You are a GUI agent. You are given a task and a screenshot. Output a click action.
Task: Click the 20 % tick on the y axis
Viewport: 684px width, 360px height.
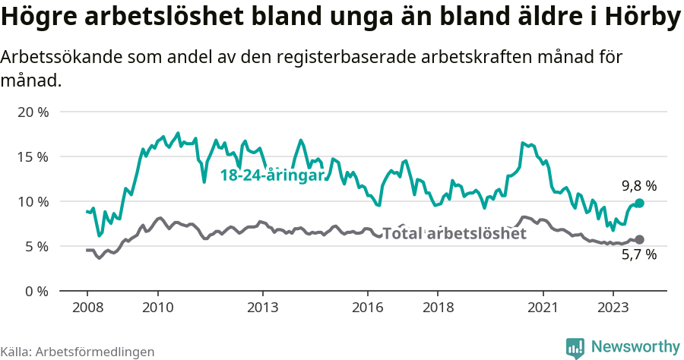click(32, 112)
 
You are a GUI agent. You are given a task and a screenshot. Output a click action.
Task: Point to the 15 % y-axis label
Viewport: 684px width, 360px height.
click(32, 157)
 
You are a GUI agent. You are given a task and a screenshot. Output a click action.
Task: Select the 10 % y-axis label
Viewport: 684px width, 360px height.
click(32, 202)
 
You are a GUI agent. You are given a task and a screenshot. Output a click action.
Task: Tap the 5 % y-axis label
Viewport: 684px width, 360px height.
click(36, 247)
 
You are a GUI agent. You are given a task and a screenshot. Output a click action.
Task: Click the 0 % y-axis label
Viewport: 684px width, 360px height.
click(36, 292)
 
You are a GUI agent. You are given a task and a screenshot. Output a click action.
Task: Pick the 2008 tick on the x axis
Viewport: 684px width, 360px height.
click(87, 307)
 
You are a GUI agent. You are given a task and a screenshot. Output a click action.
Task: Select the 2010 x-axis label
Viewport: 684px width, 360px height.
click(157, 307)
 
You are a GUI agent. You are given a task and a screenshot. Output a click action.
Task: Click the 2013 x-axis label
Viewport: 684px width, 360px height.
click(263, 307)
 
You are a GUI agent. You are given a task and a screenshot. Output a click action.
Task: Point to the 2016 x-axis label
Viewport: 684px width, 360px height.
click(368, 307)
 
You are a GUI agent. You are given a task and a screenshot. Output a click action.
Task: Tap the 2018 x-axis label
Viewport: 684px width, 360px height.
click(438, 307)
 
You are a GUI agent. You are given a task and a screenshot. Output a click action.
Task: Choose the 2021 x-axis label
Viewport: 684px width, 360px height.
click(543, 307)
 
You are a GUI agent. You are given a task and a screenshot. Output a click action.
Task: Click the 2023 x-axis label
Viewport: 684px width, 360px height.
click(613, 307)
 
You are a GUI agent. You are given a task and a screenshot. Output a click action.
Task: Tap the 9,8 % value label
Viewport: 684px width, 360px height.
click(638, 186)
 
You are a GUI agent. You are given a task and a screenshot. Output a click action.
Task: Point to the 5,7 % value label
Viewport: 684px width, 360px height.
click(638, 255)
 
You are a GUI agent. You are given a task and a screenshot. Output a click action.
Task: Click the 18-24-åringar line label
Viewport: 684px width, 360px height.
click(272, 175)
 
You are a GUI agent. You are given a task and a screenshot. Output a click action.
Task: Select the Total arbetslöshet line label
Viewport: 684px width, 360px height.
click(454, 234)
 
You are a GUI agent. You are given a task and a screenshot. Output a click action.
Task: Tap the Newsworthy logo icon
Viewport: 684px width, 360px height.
click(575, 348)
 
